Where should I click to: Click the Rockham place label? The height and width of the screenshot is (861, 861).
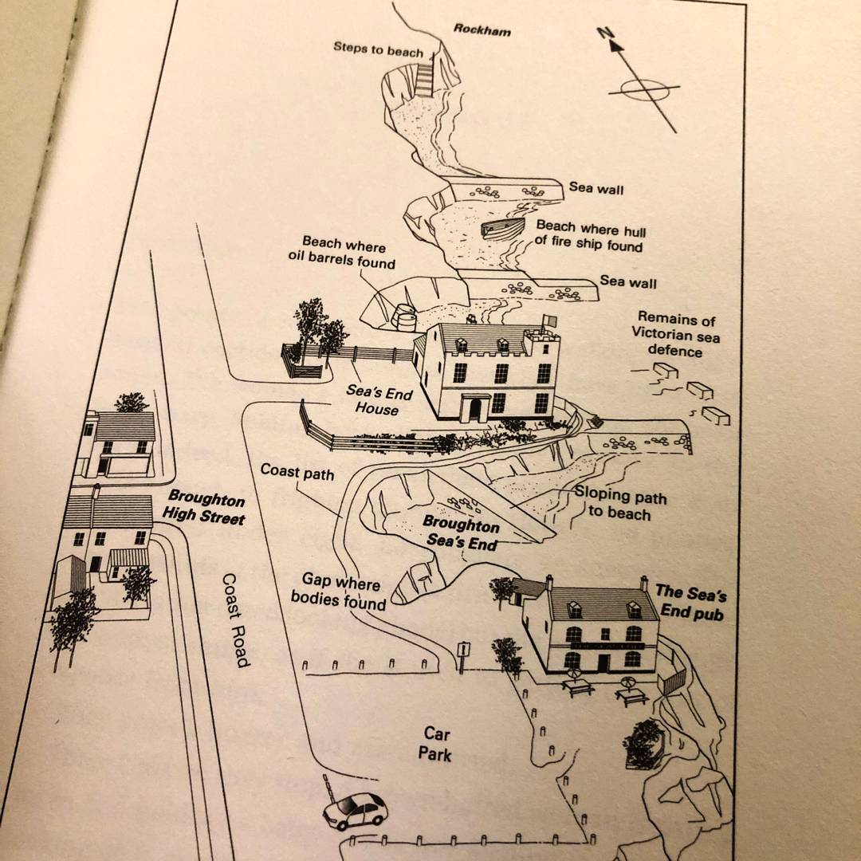482,30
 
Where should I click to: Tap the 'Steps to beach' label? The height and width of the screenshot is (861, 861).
379,49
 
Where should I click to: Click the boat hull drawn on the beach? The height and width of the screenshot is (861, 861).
502,226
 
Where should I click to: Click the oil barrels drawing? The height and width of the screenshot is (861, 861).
405,316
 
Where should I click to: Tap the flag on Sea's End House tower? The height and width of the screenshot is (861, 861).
549,320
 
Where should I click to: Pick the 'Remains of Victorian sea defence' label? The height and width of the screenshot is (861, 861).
675,334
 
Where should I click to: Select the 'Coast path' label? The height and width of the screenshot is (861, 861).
297,472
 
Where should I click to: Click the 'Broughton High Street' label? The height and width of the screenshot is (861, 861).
204,507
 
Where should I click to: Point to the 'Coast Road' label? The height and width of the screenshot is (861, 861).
237,620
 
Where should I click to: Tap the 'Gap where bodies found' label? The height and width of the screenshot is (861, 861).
339,591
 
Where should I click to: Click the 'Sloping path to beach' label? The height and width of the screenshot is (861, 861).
620,503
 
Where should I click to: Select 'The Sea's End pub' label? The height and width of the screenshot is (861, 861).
691,602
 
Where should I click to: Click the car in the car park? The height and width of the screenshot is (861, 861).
355,811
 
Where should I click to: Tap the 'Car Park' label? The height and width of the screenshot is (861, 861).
435,744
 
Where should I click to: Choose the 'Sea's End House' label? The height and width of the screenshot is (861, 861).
378,400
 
